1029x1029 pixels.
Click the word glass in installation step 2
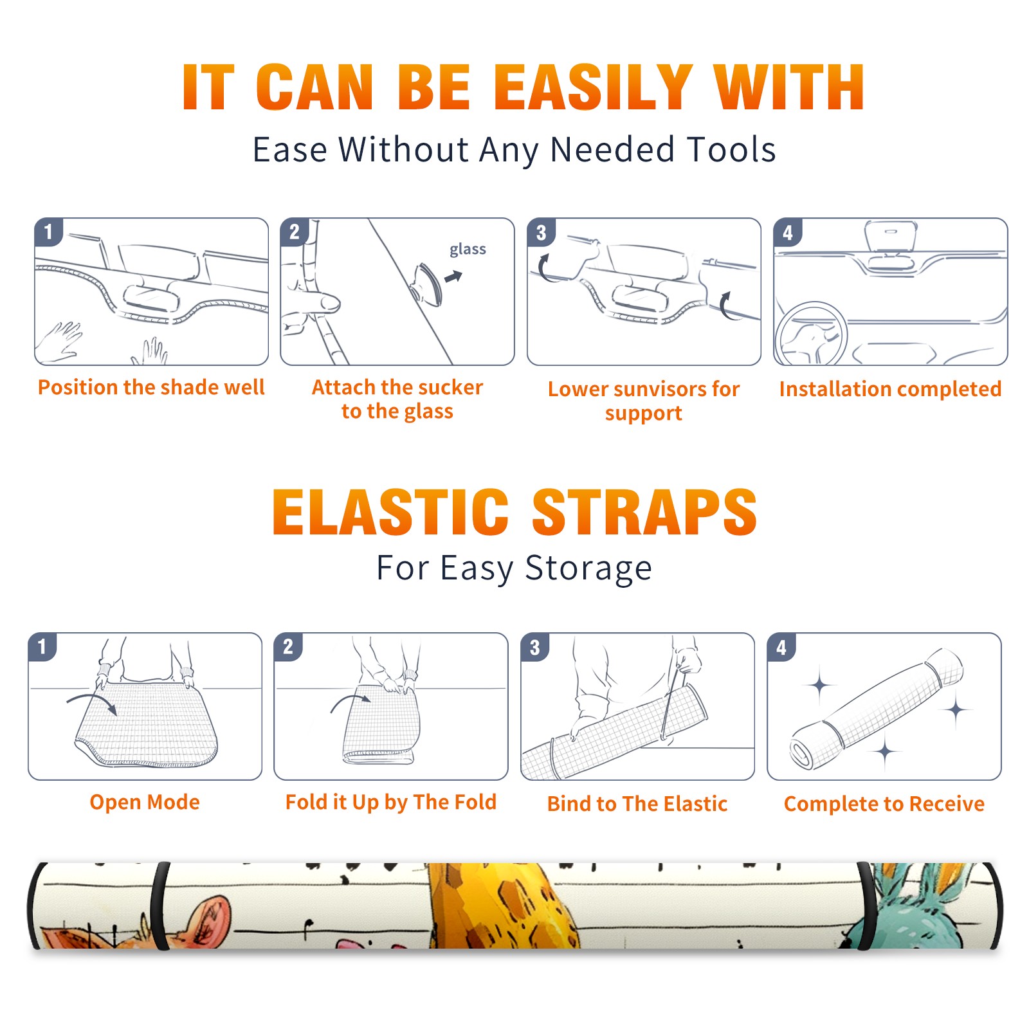pyautogui.click(x=468, y=250)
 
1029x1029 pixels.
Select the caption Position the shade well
pyautogui.click(x=151, y=387)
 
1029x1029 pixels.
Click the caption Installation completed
pyautogui.click(x=890, y=388)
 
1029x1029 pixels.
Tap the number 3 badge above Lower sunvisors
pyautogui.click(x=541, y=233)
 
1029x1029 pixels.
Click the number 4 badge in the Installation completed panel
pyautogui.click(x=788, y=233)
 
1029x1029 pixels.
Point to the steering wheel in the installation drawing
pyautogui.click(x=810, y=334)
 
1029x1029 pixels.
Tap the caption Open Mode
pyautogui.click(x=145, y=802)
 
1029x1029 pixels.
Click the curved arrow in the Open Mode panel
pyautogui.click(x=92, y=702)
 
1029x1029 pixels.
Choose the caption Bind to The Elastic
pyautogui.click(x=637, y=804)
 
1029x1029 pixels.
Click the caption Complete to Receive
pyautogui.click(x=884, y=804)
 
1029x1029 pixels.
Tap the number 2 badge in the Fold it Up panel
pyautogui.click(x=288, y=647)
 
